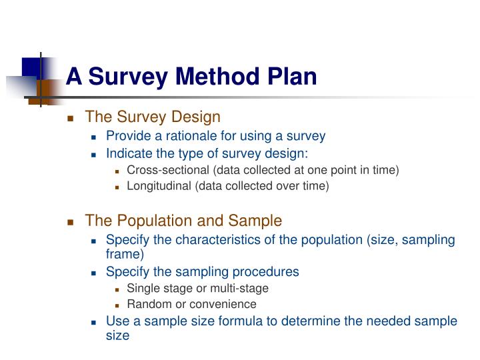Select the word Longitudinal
coord(159,187)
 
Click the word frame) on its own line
coord(125,254)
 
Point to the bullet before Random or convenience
coord(117,305)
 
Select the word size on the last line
coord(117,336)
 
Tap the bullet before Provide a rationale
coord(94,137)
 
